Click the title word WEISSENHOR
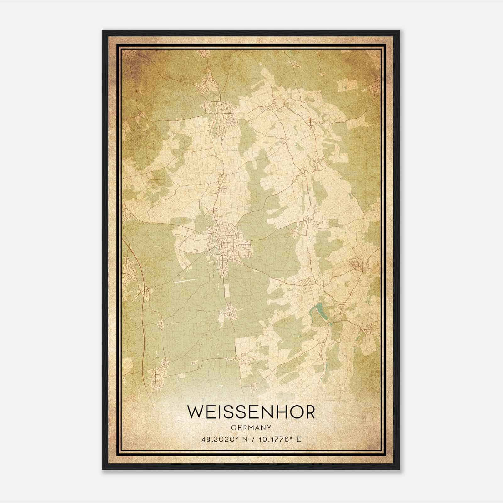point(251,412)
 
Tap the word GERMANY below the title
point(251,428)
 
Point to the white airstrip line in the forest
point(186,280)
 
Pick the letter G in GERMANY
point(233,428)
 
